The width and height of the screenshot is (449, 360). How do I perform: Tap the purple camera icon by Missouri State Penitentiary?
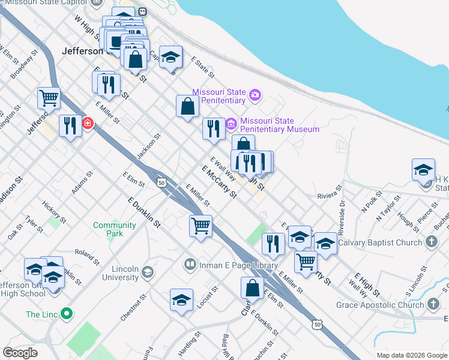[256, 95]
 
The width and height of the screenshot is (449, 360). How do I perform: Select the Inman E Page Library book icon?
[190, 265]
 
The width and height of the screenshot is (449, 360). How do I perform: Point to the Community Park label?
[114, 229]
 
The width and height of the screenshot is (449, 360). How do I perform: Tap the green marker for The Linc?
[67, 314]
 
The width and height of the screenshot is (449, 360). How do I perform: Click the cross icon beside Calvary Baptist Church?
[430, 242]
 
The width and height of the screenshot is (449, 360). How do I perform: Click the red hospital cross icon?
[88, 124]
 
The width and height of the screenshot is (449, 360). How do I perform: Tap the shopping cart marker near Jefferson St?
[49, 97]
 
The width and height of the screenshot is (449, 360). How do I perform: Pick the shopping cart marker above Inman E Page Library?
[200, 226]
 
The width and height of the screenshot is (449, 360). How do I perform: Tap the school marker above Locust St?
[181, 300]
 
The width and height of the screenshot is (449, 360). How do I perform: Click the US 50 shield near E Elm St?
[161, 181]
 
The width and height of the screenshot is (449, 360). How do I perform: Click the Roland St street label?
[85, 254]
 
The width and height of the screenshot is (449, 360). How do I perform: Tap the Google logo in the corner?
[20, 353]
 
